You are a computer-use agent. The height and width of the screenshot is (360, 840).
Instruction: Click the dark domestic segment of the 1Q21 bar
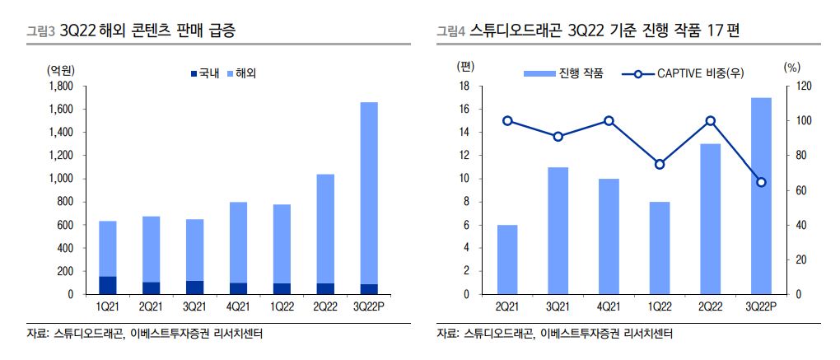click(x=108, y=285)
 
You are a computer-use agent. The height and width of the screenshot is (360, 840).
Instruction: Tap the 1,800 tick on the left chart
click(x=61, y=86)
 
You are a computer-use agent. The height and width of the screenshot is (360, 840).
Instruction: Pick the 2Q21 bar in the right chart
click(x=507, y=259)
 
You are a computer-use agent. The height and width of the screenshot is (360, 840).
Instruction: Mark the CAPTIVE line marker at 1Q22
click(x=660, y=165)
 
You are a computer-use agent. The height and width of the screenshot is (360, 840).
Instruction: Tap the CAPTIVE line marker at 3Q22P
click(x=761, y=182)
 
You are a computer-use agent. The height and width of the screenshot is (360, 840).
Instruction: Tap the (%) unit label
click(x=792, y=67)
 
